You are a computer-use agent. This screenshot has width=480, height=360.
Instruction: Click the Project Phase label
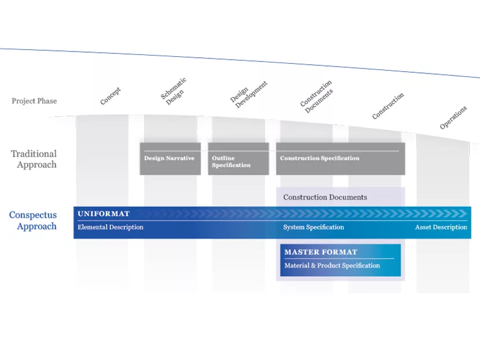34,101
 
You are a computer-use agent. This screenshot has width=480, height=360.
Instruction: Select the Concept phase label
110,97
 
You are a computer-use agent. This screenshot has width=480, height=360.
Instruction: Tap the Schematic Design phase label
173,91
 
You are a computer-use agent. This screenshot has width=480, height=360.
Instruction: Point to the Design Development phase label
249,93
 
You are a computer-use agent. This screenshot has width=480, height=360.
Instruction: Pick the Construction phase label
388,106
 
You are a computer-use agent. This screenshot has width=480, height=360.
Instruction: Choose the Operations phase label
453,118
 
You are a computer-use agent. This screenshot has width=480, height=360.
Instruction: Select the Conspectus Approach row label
33,221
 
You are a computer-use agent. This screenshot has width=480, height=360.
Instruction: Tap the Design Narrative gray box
169,158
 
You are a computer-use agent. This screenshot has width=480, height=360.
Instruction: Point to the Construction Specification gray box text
320,158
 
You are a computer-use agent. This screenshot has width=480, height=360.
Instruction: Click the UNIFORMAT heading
104,214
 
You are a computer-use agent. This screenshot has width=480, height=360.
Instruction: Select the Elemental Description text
110,227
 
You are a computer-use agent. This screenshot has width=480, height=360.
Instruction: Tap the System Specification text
313,227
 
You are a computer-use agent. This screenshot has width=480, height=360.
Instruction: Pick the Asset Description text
441,227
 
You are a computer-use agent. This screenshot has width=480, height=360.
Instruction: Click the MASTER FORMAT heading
321,252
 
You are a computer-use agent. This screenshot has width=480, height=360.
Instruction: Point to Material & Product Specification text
332,266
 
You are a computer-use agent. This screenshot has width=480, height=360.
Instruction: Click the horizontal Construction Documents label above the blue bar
325,197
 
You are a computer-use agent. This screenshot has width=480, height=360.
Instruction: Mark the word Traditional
34,154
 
